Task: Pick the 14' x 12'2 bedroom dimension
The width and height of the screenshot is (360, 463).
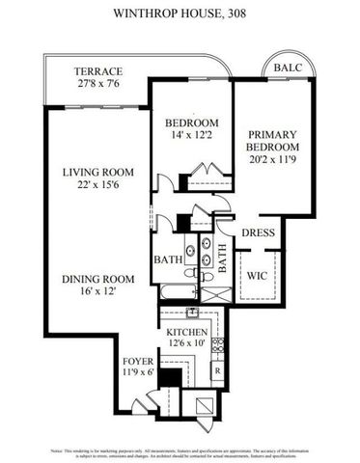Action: click(x=190, y=136)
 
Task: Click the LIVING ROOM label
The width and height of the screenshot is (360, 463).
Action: click(x=97, y=173)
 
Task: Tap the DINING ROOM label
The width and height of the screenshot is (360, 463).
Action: click(x=97, y=279)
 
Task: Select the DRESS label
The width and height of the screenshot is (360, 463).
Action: click(x=259, y=232)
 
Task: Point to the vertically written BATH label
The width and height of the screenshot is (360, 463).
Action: click(x=221, y=259)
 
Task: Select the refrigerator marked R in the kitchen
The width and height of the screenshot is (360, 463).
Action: click(x=217, y=370)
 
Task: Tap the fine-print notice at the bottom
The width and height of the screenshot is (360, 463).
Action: click(x=180, y=452)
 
